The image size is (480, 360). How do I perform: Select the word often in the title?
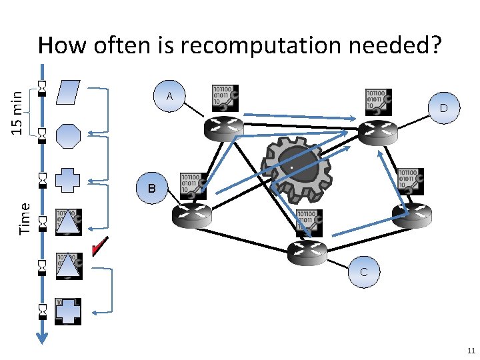132,45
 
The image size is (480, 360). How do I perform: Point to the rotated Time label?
25,218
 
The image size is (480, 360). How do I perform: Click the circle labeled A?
170,97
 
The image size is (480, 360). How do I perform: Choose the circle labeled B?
152,189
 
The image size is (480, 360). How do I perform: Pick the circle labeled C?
363,272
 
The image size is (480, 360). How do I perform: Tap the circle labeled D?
443,108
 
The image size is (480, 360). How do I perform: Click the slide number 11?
471,351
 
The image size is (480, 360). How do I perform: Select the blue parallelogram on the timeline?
68,93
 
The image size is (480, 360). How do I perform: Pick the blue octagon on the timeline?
68,136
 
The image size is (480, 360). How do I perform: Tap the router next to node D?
377,131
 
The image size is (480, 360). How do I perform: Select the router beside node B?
191,215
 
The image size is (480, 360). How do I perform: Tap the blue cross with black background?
68,311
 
